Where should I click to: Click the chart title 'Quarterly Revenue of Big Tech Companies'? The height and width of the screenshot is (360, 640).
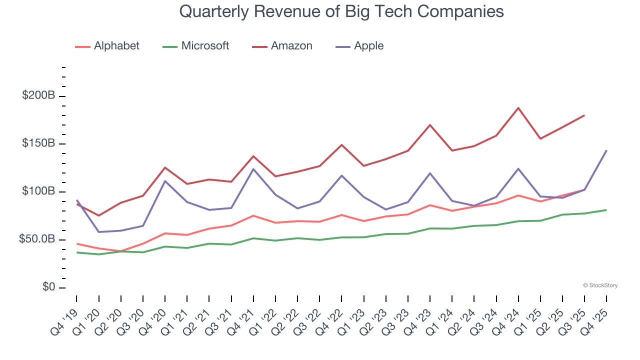click(x=341, y=11)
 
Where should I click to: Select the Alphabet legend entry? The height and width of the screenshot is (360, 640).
click(x=107, y=46)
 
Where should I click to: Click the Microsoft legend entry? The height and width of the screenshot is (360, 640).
click(x=196, y=46)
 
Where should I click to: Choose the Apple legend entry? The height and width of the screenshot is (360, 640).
click(x=360, y=46)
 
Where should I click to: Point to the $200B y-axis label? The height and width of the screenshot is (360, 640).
click(x=38, y=95)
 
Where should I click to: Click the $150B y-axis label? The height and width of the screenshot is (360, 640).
click(x=38, y=143)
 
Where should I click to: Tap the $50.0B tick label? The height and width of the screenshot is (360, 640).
click(x=36, y=239)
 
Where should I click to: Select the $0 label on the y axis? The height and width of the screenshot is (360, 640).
click(x=48, y=287)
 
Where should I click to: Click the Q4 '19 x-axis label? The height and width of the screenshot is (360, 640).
click(x=64, y=320)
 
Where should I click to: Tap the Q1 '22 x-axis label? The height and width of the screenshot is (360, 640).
click(x=263, y=320)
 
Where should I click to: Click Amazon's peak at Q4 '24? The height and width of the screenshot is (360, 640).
click(x=518, y=107)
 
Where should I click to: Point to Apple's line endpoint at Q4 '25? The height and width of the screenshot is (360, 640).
click(x=606, y=150)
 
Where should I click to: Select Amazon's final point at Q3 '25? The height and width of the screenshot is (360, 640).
click(x=584, y=115)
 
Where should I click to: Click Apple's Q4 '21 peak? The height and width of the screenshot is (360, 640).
click(x=253, y=169)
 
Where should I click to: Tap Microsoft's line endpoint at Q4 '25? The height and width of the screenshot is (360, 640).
click(x=606, y=210)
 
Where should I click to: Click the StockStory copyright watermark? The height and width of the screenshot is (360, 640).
click(x=600, y=285)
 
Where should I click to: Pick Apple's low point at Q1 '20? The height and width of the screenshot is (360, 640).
click(x=98, y=232)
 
